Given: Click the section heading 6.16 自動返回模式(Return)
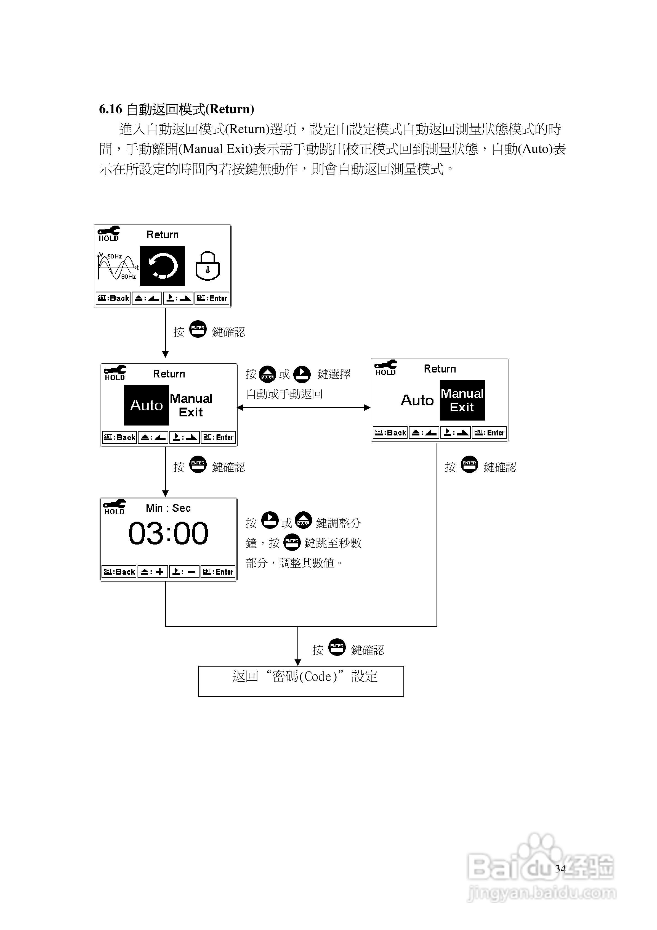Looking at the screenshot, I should pos(177,109).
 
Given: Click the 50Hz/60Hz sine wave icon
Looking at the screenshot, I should pos(117,266).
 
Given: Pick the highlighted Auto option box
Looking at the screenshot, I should pos(146,405).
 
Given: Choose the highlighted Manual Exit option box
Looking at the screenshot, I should pos(462,400).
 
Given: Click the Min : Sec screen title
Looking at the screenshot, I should pos(168,508).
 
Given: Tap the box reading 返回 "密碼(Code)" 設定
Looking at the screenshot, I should pos(301,681).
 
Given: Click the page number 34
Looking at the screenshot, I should pos(560,868).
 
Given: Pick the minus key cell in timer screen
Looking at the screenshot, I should pos(184,572).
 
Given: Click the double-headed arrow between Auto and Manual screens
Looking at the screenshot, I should pos(304,408).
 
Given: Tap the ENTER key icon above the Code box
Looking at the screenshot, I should pos(337,647).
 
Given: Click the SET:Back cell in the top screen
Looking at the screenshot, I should pos(113,298).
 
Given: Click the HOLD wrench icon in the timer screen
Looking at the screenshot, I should pos(114,507).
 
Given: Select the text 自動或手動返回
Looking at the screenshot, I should pos(284,394).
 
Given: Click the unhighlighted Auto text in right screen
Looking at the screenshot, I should pos(417,400).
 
